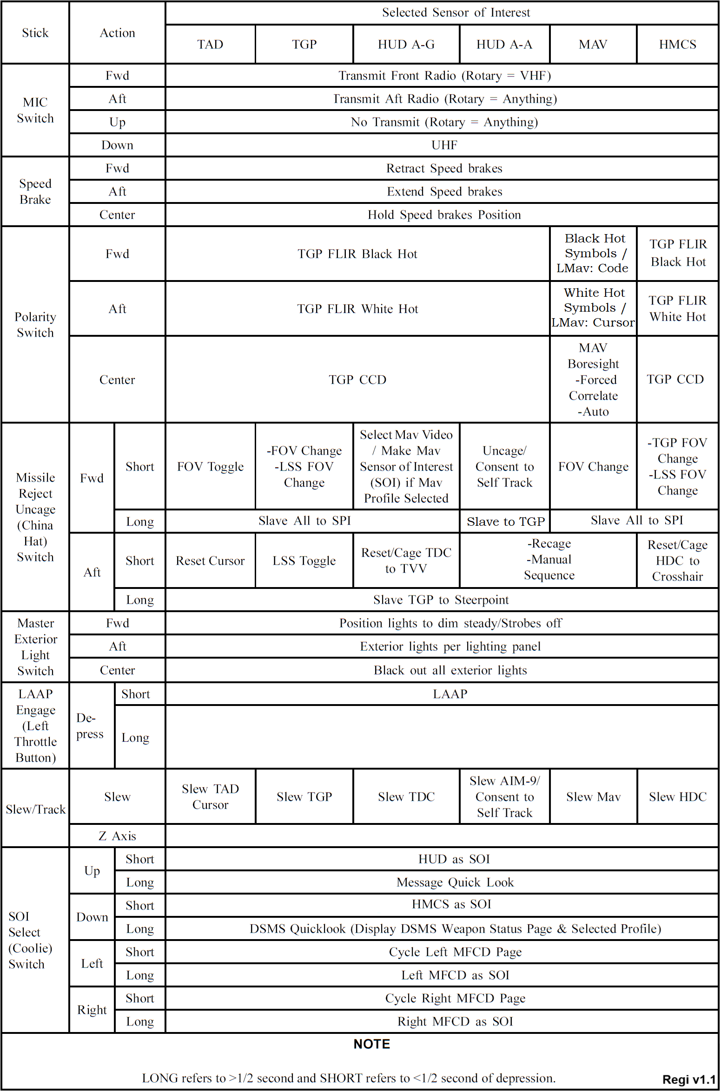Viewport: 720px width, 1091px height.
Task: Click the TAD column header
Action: coord(210,45)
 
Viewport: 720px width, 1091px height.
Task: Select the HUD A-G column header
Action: coord(406,45)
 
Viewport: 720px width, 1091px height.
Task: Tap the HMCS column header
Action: coord(677,45)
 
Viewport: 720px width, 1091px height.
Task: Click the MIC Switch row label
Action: coord(35,110)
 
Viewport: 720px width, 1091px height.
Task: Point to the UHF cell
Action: coord(444,145)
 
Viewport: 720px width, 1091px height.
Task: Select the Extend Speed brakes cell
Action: coord(444,192)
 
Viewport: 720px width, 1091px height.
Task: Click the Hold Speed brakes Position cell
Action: coord(444,215)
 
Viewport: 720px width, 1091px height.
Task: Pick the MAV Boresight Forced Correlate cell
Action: coord(593,379)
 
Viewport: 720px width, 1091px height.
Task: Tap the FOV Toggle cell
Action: coord(210,466)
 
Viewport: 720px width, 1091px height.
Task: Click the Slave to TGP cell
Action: coord(505,522)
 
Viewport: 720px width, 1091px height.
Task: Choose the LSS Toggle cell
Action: coord(304,561)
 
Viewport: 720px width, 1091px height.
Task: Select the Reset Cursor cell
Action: coord(210,561)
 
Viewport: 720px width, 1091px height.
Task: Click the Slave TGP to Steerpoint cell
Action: coord(441,600)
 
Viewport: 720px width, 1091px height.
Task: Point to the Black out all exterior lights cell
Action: coord(450,670)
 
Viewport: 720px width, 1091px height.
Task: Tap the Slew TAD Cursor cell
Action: coord(210,797)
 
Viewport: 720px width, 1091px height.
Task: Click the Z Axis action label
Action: coord(117,836)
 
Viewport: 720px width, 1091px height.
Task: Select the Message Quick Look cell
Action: coord(455,882)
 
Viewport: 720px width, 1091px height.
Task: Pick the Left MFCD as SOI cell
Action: coord(455,975)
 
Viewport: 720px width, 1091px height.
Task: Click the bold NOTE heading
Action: coord(371,1044)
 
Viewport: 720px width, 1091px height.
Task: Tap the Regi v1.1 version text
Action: coord(688,1079)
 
